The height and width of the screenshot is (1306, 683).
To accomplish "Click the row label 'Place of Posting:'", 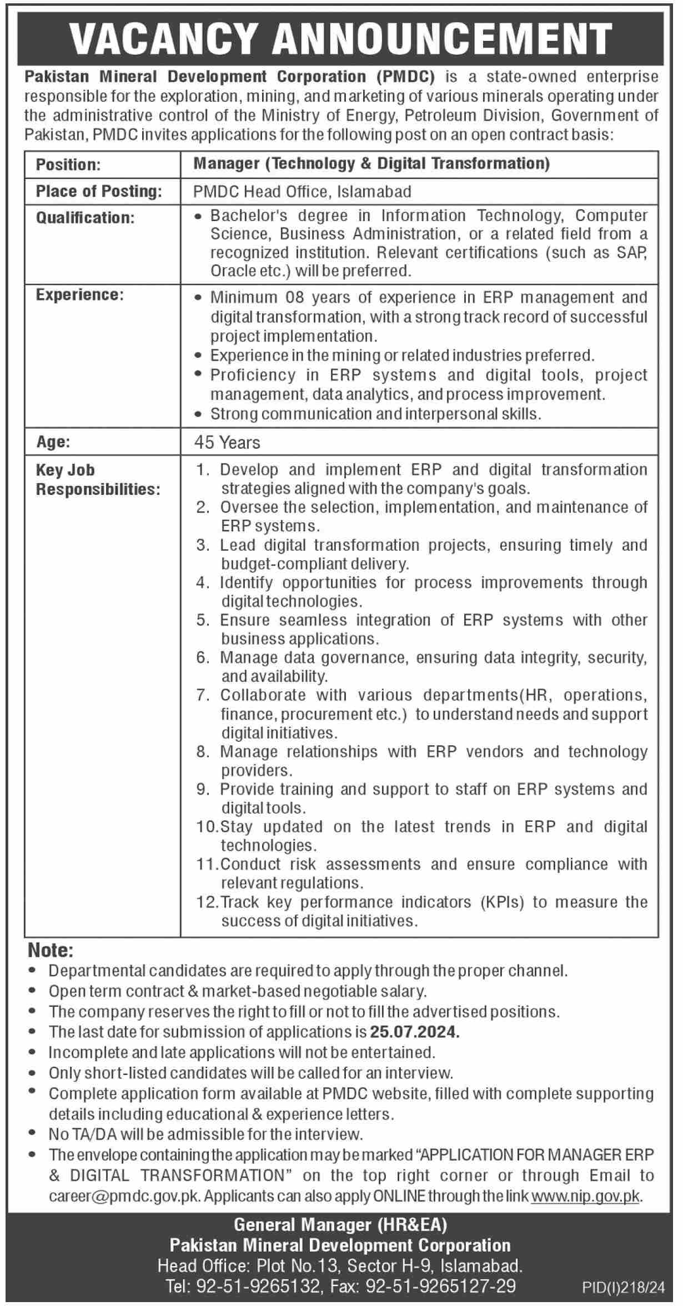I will coord(99,192).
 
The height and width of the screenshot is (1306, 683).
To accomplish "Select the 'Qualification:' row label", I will coord(85,218).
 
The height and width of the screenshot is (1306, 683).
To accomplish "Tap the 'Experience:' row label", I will coord(79,295).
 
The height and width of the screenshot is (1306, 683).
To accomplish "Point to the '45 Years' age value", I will coord(227,443).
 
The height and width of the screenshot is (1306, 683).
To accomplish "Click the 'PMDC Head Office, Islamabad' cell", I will coord(302,192).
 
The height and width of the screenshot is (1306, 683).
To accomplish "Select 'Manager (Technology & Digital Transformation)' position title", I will coord(371,164).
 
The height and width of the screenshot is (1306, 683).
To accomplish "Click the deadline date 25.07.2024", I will coord(415,1032).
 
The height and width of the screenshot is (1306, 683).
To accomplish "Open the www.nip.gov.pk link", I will coord(585,1196).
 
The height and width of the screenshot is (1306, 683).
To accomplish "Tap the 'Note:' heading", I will coord(51,951).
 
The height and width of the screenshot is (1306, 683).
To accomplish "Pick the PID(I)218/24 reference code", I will coord(623,1287).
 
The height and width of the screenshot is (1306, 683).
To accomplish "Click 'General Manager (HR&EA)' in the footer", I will coord(340,1225).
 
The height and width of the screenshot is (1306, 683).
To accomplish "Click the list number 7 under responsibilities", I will coord(202,695).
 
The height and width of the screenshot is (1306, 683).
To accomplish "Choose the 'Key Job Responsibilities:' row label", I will coord(98,480).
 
